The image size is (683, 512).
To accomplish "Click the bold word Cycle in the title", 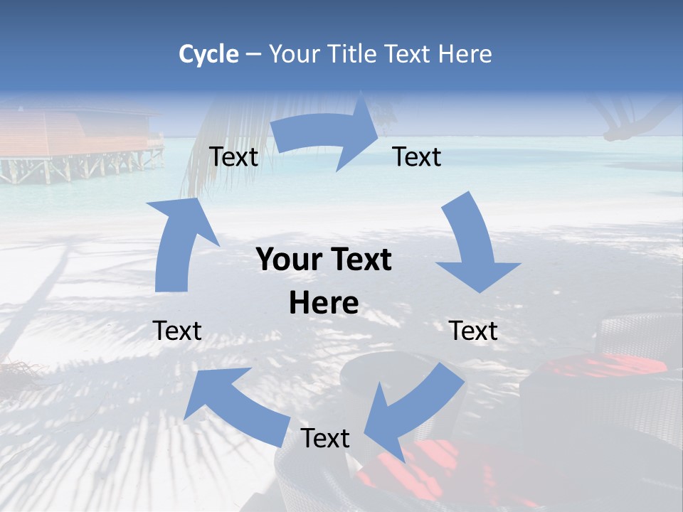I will coord(208,54).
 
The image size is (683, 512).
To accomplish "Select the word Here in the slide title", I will coord(465,54).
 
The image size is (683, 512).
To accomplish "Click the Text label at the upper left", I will coord(234,157).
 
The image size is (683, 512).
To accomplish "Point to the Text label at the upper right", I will coord(417,157).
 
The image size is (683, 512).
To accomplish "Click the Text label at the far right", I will coord(473,331).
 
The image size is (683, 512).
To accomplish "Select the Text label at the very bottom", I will coord(325,439).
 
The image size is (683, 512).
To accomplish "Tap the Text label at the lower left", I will coord(177,331).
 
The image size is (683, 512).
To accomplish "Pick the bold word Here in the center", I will coord(324,304).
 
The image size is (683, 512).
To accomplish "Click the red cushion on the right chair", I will coord(605,367).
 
